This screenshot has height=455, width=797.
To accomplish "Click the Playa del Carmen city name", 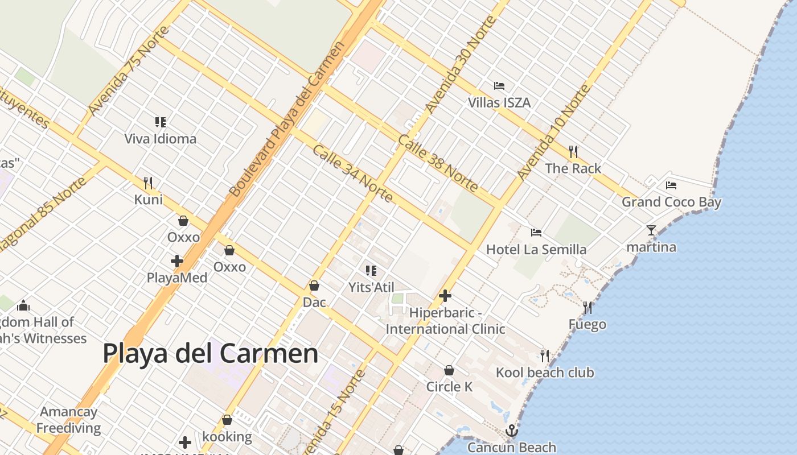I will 210,353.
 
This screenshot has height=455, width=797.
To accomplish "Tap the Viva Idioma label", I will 161,139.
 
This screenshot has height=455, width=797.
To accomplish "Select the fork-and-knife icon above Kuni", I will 148,183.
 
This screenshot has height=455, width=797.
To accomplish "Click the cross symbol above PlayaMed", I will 177,261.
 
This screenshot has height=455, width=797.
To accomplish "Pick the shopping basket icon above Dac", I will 314,286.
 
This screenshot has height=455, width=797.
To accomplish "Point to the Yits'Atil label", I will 371,288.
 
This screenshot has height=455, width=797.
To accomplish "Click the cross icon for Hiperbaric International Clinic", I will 445,296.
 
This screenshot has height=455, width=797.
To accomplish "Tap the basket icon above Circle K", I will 449,370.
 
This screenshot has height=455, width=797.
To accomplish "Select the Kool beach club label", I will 545,373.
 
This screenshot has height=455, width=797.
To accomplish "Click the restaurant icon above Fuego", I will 588,308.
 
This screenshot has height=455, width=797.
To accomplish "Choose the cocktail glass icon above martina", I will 651,230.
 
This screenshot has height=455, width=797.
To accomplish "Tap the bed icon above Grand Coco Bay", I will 671,185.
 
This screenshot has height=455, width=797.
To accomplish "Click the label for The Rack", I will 573,168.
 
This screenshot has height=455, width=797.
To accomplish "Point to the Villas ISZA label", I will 499,102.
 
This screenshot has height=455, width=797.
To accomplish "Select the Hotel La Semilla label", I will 536,249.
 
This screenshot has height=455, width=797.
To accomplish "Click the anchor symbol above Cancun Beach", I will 512,431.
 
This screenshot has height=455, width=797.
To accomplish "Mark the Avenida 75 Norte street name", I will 122,72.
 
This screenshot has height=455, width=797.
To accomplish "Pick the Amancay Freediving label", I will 68,420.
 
